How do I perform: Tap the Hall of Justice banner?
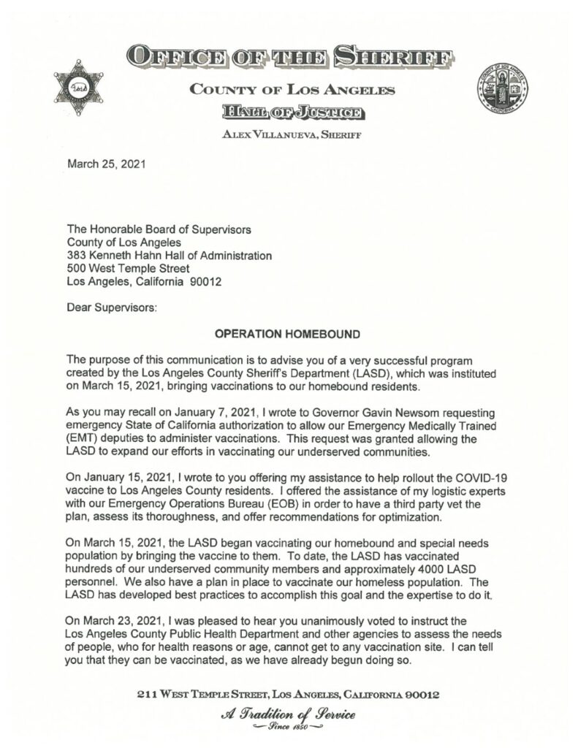pos(293,112)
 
